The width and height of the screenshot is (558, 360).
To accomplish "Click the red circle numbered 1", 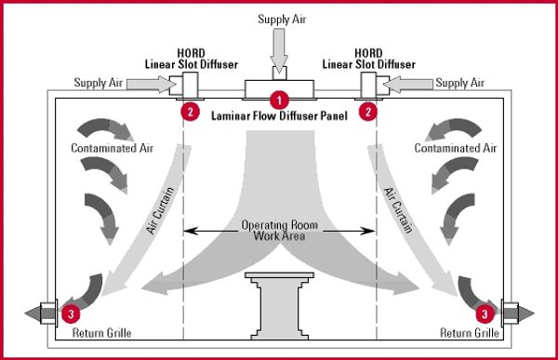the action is tap(278, 97).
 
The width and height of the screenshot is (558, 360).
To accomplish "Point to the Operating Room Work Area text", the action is tap(279, 231).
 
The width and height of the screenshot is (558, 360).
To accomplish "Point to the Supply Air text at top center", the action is tap(279, 19).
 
